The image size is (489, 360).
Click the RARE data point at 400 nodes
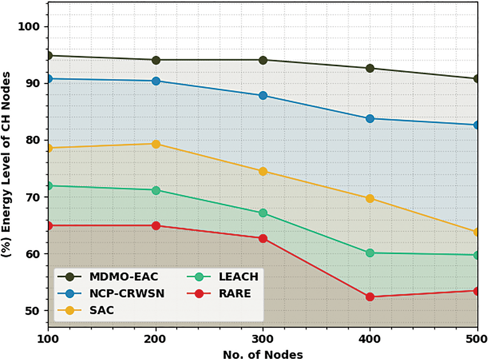[x=370, y=297]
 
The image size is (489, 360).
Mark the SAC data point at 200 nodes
[x=156, y=144]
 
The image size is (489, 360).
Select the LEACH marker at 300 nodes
[x=263, y=213]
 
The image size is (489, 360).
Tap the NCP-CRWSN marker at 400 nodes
[x=370, y=119]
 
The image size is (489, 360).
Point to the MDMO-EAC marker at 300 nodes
[x=263, y=60]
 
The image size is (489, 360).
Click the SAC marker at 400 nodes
[x=370, y=199]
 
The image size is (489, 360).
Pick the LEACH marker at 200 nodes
[x=156, y=190]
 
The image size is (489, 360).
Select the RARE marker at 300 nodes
[x=263, y=238]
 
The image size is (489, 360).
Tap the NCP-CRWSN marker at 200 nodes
[x=156, y=81]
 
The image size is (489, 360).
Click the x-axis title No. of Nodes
[x=263, y=354]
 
